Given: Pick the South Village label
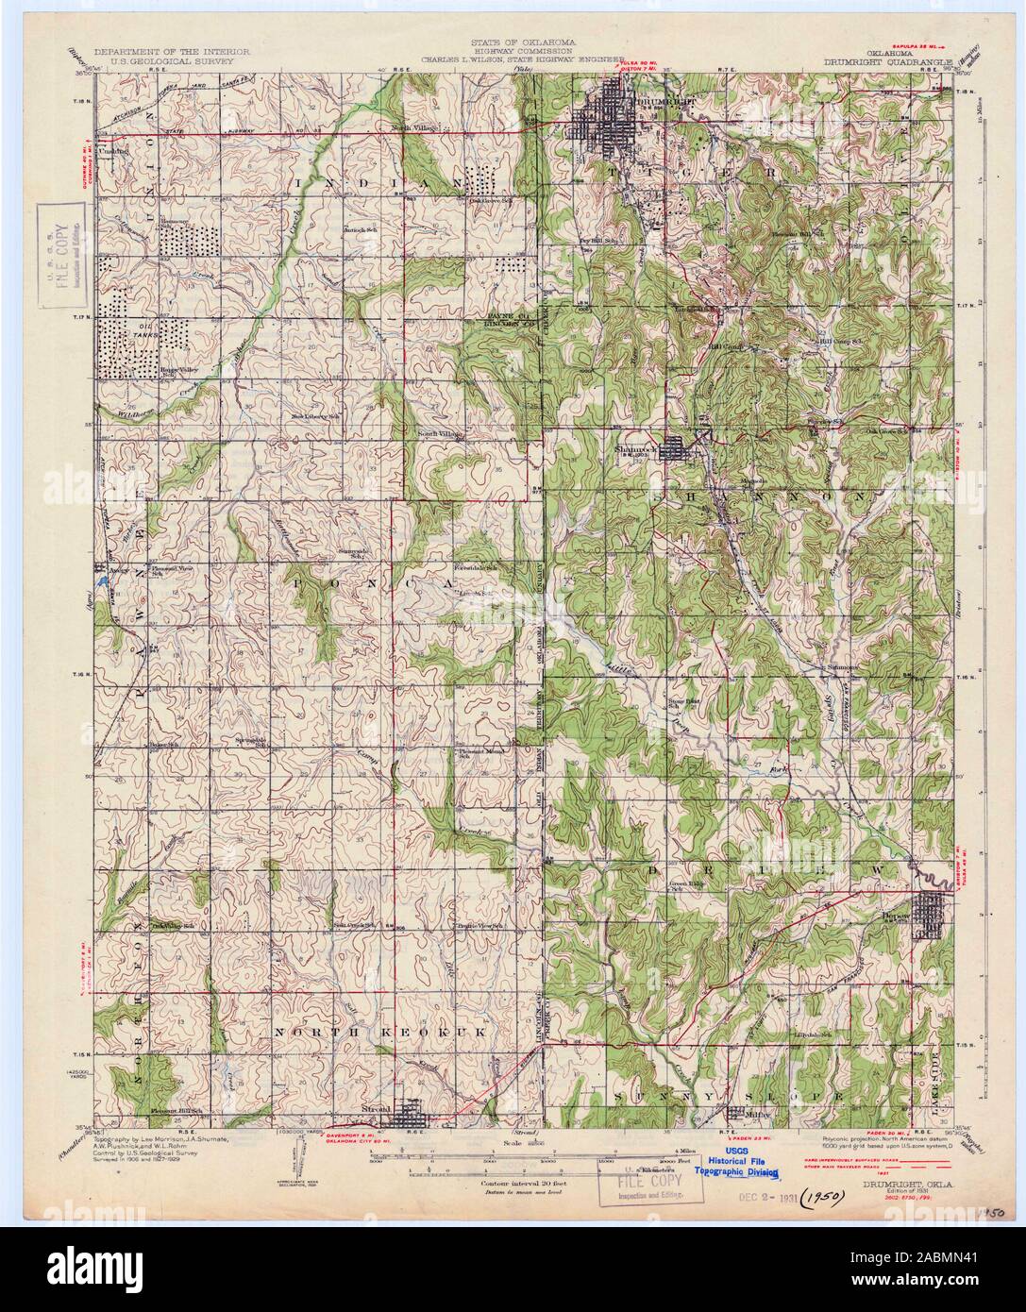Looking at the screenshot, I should pyautogui.click(x=439, y=433).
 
